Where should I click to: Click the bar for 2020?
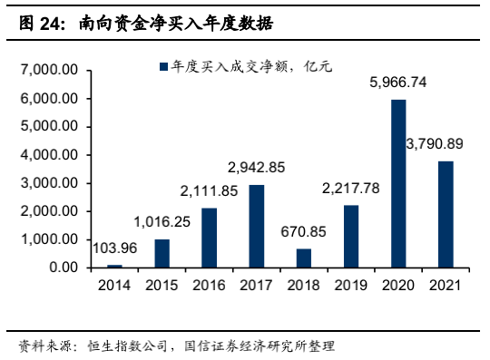click(x=398, y=183)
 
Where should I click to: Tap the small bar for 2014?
click(x=115, y=266)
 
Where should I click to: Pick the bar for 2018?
click(x=304, y=258)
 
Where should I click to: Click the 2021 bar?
click(x=446, y=214)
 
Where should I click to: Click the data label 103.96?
click(x=114, y=247)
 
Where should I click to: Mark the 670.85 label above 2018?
click(x=304, y=231)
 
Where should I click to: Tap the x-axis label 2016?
click(x=210, y=285)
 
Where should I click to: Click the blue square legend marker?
click(x=162, y=66)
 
